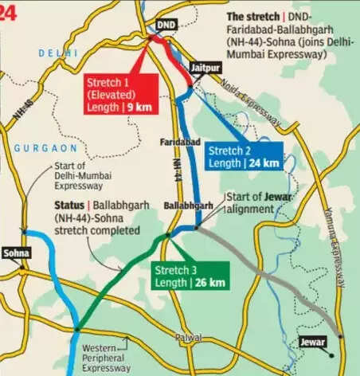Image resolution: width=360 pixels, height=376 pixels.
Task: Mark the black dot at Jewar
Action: click(340, 336)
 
